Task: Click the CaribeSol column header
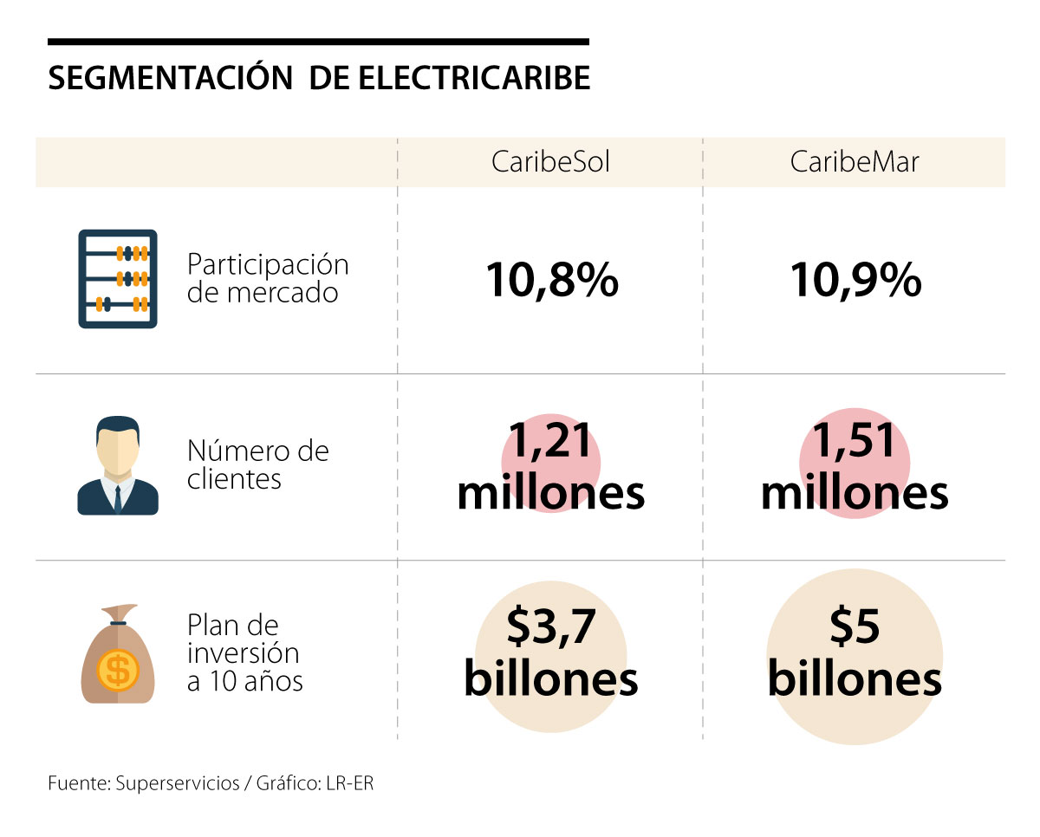(550, 162)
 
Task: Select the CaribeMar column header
(854, 162)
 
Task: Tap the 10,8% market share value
(552, 280)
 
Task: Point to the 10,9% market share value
(855, 280)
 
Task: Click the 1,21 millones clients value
(551, 468)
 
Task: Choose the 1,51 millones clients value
(855, 468)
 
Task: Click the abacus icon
(118, 278)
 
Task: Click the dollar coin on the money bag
(119, 669)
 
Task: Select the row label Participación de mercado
(268, 278)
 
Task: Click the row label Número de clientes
(258, 465)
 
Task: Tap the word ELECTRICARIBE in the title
(474, 78)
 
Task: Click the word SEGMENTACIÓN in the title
(170, 78)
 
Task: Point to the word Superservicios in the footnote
(176, 783)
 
